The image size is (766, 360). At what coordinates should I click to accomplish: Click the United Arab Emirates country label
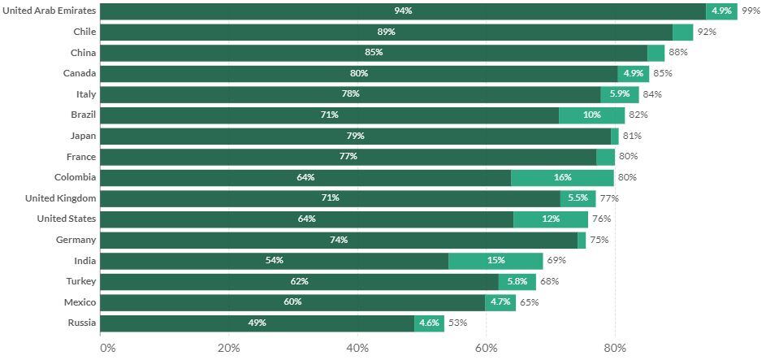point(50,11)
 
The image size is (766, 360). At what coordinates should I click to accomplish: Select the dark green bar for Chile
point(386,33)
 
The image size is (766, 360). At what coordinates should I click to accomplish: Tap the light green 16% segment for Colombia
point(562,178)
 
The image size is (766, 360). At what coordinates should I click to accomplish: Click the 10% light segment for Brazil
point(591,115)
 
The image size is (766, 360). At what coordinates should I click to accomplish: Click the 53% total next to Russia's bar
point(457,323)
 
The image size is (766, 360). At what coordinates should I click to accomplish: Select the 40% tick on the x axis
point(357,349)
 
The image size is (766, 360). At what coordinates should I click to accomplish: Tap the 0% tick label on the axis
point(107,349)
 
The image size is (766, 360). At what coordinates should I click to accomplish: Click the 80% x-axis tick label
point(615,349)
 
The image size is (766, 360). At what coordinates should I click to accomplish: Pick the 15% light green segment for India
point(496,261)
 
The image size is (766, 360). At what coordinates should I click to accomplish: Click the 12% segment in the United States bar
point(551,219)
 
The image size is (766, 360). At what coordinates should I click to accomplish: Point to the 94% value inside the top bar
point(403,11)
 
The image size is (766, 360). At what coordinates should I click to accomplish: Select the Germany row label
point(76,240)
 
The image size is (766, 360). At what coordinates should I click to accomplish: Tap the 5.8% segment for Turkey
point(517,282)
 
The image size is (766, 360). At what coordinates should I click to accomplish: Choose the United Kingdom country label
point(60,198)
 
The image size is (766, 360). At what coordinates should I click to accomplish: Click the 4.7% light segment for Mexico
point(500,302)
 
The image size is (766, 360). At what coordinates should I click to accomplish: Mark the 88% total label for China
point(677,53)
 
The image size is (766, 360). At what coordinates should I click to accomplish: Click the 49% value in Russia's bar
point(257,323)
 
